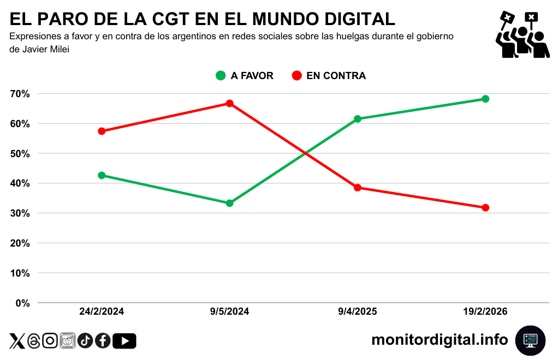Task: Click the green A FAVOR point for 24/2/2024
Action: coord(102,176)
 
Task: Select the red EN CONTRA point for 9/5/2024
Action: coord(230,104)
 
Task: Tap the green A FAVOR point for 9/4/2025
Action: coord(358,119)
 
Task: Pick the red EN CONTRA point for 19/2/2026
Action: coord(485,208)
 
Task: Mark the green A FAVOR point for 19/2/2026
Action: coord(485,99)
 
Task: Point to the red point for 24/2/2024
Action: coord(102,131)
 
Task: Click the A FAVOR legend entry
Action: coord(245,76)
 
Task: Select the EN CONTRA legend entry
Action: coord(329,76)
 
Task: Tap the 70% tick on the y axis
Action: coord(20,94)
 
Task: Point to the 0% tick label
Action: coord(22,303)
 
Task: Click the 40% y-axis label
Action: coord(20,183)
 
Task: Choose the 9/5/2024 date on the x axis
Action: coord(230,312)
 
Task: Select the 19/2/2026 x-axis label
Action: coord(485,312)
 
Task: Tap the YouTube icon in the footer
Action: coord(124,341)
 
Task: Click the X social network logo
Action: coord(17,341)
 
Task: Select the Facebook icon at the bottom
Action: coord(103,341)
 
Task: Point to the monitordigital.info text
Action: coord(439,340)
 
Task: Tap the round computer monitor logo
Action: coord(530,340)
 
